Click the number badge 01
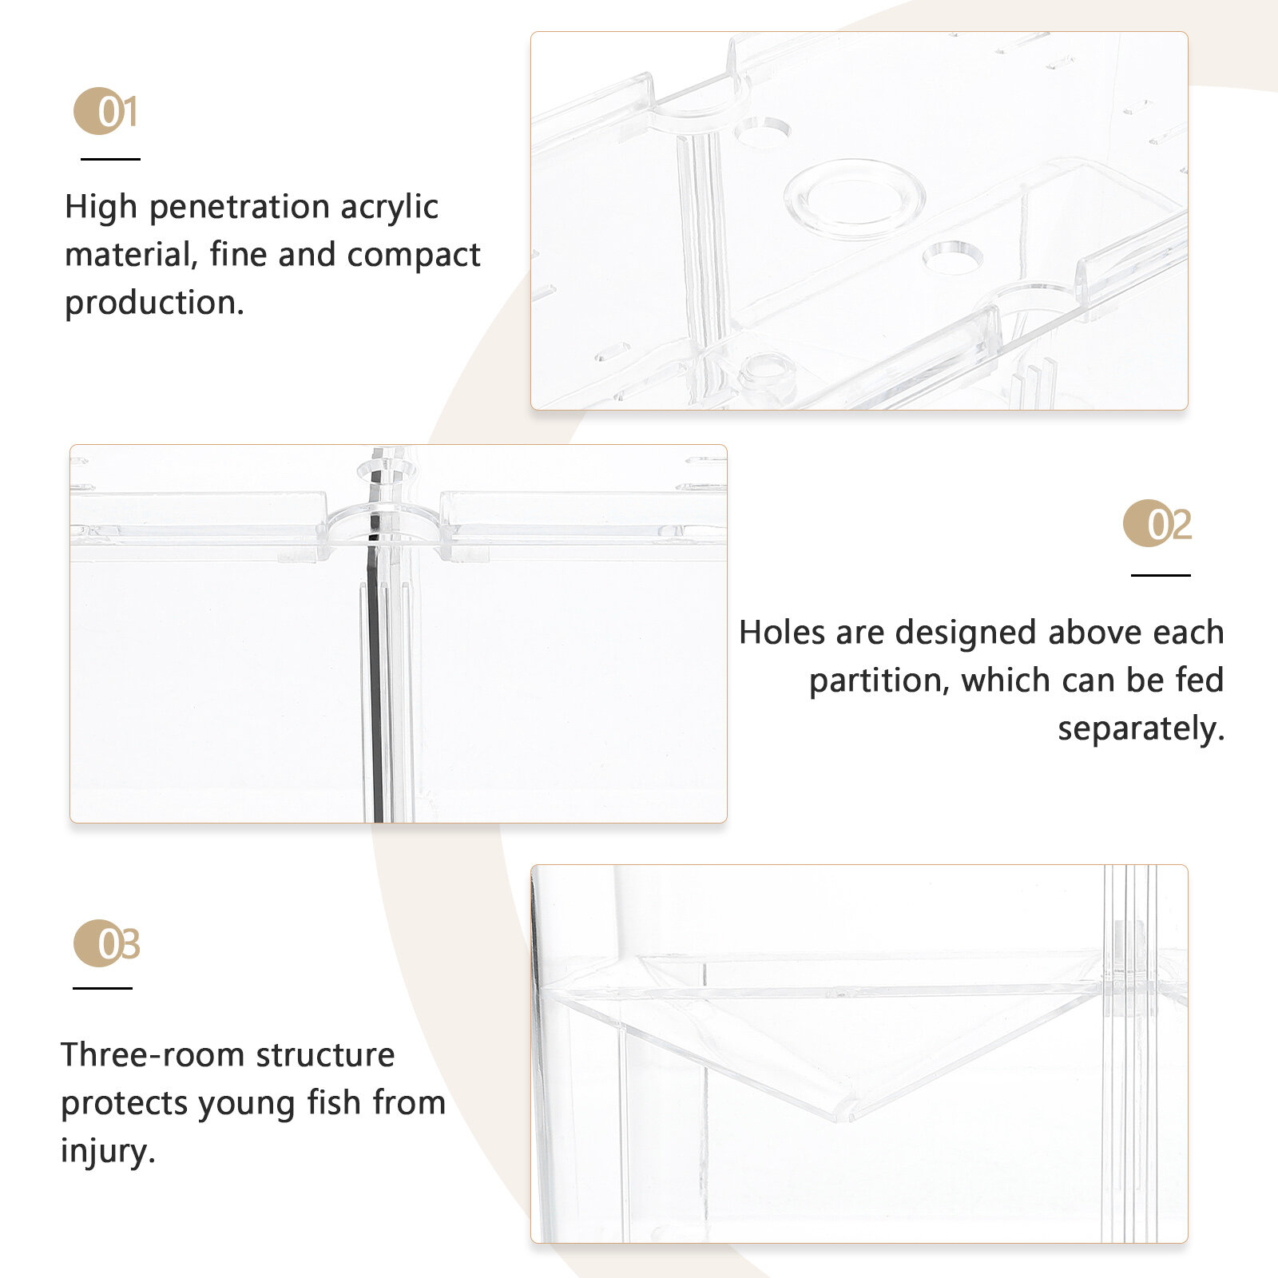click(105, 111)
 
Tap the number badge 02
click(1157, 524)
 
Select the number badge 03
click(107, 943)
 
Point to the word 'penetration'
click(239, 208)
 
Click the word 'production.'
click(154, 304)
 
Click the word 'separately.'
click(1141, 729)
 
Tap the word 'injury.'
click(108, 1152)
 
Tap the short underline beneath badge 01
click(110, 159)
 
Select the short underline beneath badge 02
click(1161, 574)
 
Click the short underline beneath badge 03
click(102, 988)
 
